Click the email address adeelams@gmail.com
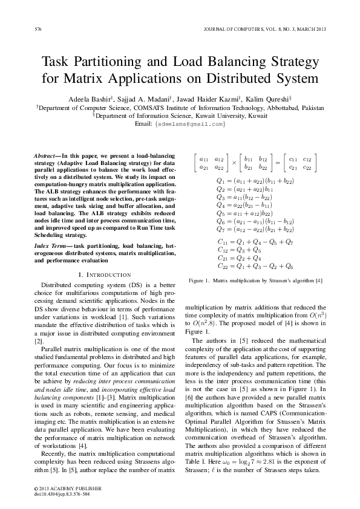(190, 124)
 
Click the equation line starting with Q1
(255, 181)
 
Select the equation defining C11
(255, 242)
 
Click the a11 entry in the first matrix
(204, 159)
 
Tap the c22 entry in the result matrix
(307, 167)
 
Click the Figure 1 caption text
(255, 281)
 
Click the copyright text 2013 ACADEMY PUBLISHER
(61, 488)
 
